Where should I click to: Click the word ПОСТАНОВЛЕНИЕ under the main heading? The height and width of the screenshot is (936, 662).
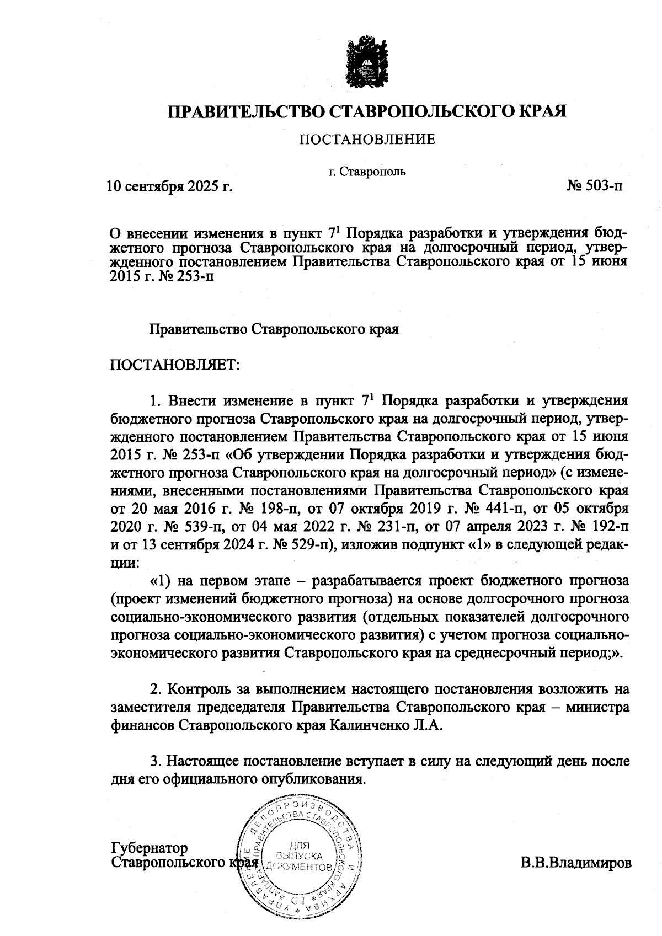point(367,140)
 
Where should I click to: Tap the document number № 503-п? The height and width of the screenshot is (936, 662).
point(595,187)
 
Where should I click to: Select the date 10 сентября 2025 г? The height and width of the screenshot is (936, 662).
point(169,187)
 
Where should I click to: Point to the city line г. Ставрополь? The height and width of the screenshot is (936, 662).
point(367,171)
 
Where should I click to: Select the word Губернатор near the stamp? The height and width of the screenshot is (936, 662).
point(150,847)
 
